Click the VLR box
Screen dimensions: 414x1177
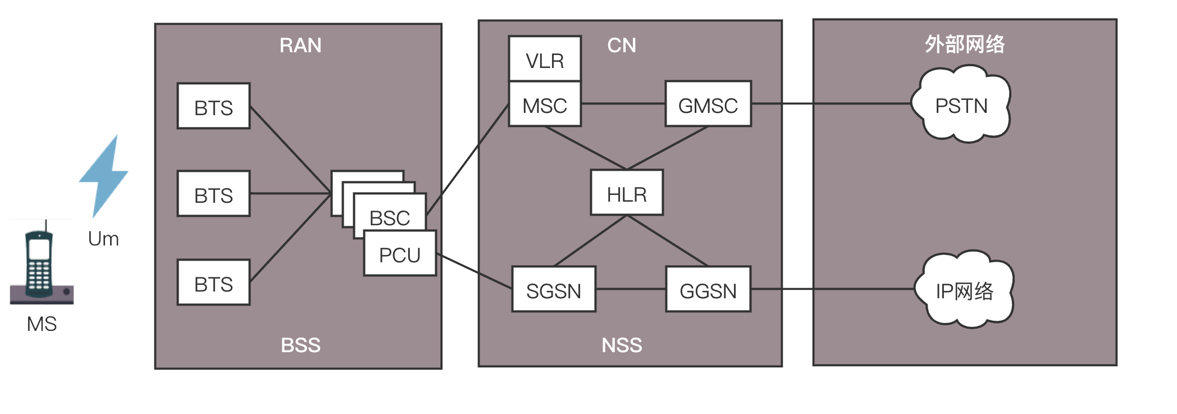pos(544,59)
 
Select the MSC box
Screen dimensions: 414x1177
pos(544,104)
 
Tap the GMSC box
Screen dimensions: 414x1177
pos(708,104)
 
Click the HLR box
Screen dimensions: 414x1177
pos(627,193)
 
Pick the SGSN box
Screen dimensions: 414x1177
pos(554,290)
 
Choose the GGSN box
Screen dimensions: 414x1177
pos(708,290)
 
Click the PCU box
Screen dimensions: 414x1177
pos(400,254)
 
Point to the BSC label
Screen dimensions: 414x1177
pos(389,217)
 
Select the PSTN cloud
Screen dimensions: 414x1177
pos(961,105)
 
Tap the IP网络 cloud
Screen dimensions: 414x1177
pos(964,290)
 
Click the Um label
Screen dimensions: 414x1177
pos(103,239)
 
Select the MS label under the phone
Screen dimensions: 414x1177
pos(42,324)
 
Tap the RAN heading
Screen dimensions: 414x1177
pos(300,45)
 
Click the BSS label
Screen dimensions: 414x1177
pos(300,345)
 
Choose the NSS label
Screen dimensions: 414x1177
pos(622,345)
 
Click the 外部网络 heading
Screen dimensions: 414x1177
pos(964,44)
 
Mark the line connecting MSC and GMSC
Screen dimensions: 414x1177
pos(623,103)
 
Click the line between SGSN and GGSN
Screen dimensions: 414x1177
pos(631,289)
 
